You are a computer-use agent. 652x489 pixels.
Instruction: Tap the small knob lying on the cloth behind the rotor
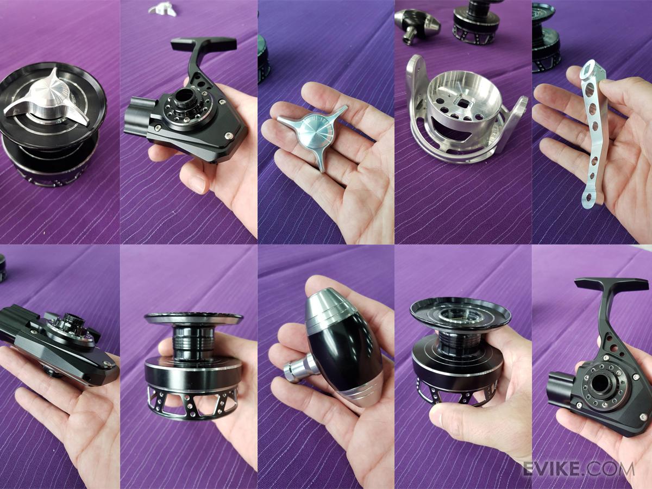(x=418, y=25)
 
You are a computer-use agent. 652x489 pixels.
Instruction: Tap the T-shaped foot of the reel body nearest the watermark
(x=612, y=284)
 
